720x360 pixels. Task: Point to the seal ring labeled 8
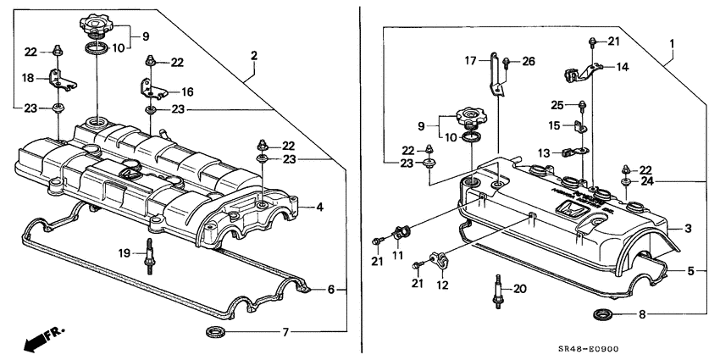click(603, 317)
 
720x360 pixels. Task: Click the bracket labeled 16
click(147, 87)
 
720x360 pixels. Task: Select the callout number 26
click(530, 60)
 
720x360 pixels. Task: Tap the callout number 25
click(558, 105)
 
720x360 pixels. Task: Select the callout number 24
click(647, 180)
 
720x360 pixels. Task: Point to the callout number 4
click(319, 206)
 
